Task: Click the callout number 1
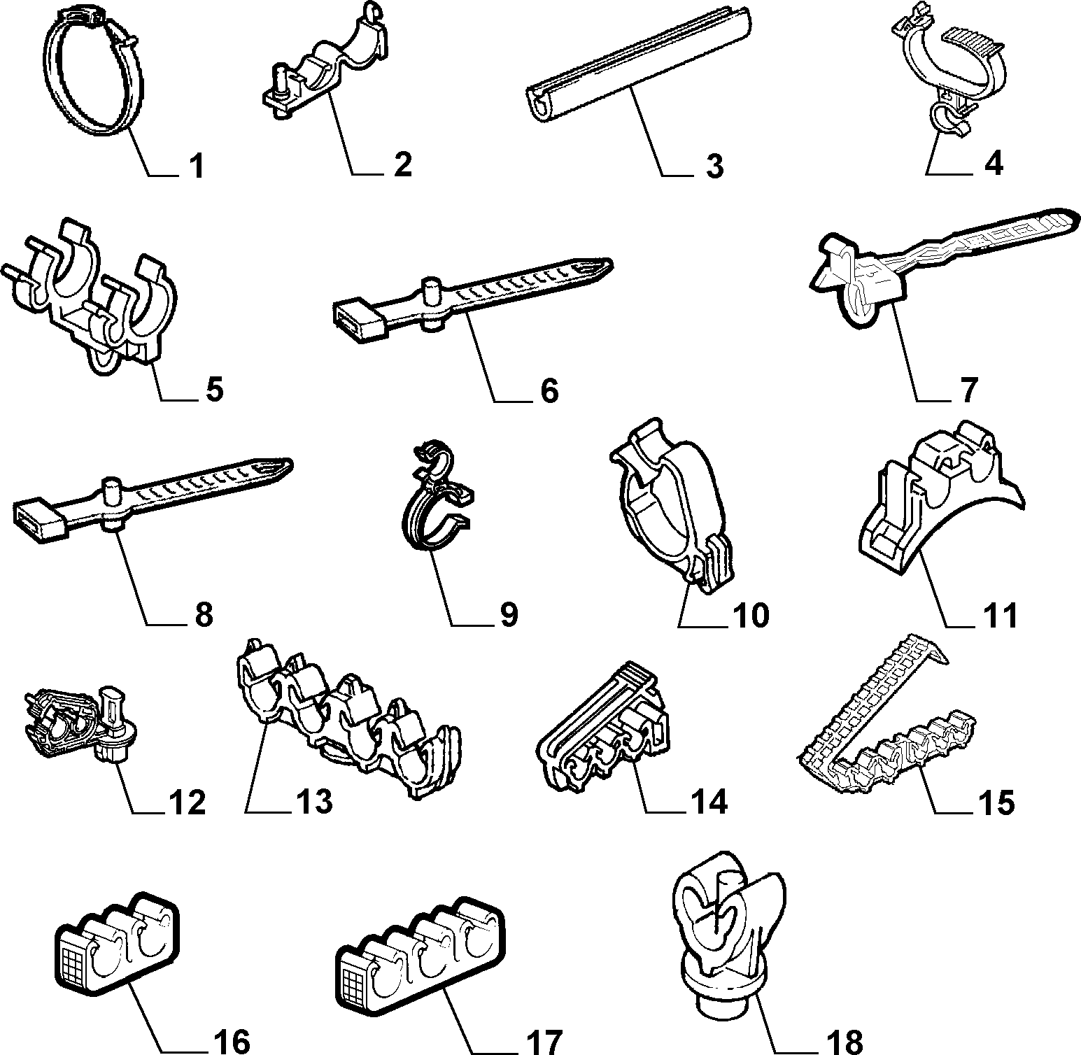(196, 166)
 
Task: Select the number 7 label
(968, 390)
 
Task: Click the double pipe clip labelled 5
(91, 297)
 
